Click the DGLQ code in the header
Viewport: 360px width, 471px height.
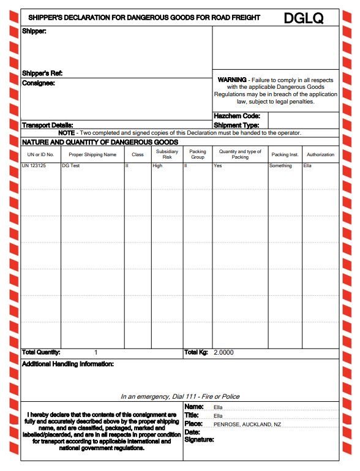pos(303,18)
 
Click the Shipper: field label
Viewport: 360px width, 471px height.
pos(34,31)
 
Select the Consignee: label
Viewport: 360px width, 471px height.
pos(39,83)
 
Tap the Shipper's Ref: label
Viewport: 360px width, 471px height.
pos(42,73)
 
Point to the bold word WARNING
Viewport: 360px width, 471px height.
pos(232,80)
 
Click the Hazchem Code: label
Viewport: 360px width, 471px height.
pos(237,116)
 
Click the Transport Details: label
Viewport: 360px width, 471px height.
pos(48,125)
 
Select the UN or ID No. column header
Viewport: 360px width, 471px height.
pos(41,154)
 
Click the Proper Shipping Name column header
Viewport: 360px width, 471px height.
pos(92,154)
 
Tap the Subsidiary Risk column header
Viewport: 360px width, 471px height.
pos(167,154)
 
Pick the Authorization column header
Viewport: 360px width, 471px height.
pos(320,154)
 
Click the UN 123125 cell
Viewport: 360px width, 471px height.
pos(34,166)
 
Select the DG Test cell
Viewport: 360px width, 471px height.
pos(71,166)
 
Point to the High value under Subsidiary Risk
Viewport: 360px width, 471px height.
pos(158,166)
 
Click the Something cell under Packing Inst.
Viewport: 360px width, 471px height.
pos(281,166)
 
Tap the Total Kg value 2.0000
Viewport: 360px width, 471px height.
pos(223,352)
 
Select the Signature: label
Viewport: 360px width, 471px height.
pos(199,440)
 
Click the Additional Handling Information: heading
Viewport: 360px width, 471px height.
pos(67,364)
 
